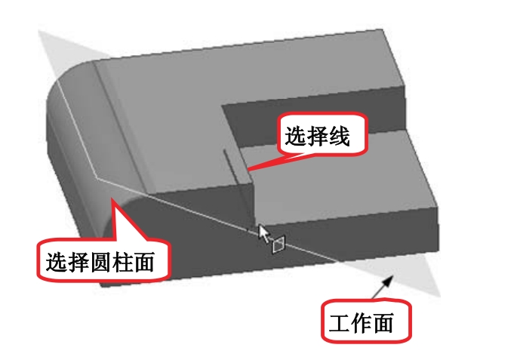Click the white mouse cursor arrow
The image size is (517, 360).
[x=263, y=232]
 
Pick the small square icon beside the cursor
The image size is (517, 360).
[x=278, y=245]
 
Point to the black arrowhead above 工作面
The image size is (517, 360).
[x=390, y=281]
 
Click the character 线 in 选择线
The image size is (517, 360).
[x=343, y=136]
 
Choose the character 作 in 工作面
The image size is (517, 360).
[x=365, y=322]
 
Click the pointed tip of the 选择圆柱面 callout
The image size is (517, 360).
[x=112, y=198]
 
